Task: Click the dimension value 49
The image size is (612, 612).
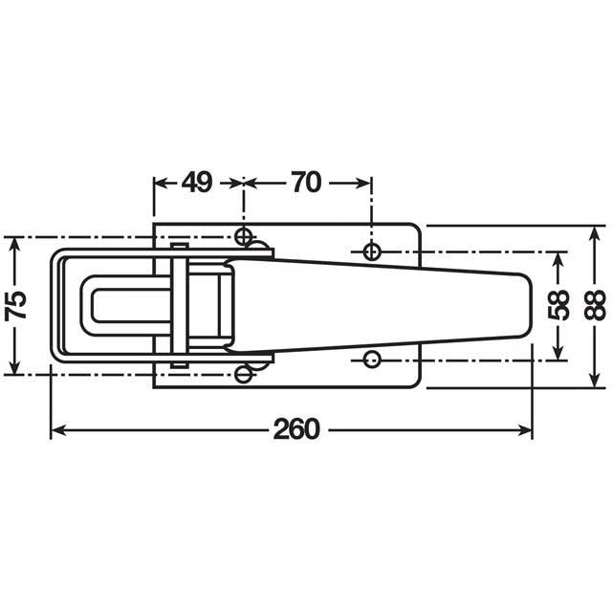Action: point(197,182)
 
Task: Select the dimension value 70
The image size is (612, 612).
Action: point(306,182)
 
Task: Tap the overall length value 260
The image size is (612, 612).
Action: point(295,430)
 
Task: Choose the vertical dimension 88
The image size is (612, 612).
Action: point(595,304)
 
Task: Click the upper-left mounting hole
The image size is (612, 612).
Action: point(244,236)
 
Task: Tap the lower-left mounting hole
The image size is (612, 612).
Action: point(244,374)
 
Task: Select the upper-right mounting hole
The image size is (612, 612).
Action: point(373,251)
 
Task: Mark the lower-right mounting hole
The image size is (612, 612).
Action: point(373,360)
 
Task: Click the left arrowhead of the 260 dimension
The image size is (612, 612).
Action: point(55,430)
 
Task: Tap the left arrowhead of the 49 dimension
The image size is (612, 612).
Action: point(160,182)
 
